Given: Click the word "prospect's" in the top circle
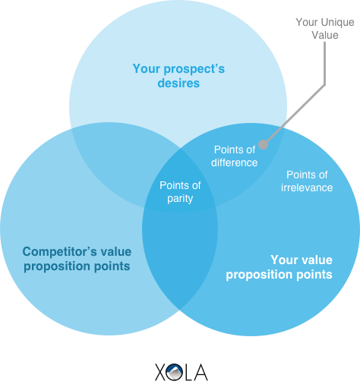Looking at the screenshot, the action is [194, 69].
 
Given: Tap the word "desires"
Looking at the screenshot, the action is [178, 83].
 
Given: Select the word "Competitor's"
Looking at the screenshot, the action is [60, 252].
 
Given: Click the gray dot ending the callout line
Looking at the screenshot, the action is [264, 145].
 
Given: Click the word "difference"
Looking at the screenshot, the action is [235, 162].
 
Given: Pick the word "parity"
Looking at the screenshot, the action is [180, 199].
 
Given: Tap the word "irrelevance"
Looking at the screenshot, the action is [307, 187].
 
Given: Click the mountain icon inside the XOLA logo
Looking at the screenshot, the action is [175, 372].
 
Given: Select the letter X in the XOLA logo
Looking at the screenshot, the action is [161, 372].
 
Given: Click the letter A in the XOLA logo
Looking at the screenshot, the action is [201, 372].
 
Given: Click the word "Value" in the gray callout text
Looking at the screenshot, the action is [325, 36].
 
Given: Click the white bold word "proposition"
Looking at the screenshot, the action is [260, 275].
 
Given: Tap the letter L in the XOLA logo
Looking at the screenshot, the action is [188, 372].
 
